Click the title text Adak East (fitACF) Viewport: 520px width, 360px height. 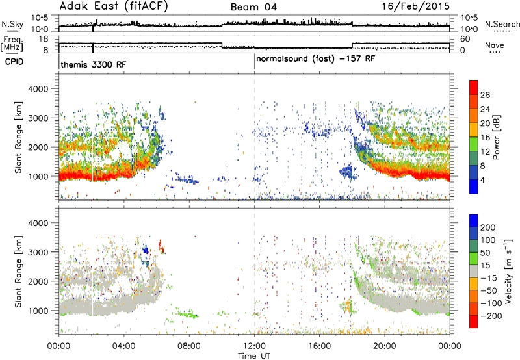coord(113,6)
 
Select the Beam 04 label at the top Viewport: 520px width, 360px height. coord(253,7)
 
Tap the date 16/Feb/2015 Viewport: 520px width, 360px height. coord(415,6)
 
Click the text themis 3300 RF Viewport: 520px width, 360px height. coord(93,64)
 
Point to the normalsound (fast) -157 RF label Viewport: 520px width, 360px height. coord(315,59)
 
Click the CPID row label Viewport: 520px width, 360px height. coord(14,62)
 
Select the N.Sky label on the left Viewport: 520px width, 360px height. coord(12,25)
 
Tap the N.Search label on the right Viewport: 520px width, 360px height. coord(502,24)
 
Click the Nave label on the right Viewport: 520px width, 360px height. coord(495,45)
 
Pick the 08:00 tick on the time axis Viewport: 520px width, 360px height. coord(189,346)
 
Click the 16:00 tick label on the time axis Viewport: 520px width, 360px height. coord(319,346)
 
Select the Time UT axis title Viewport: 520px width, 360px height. coord(254,356)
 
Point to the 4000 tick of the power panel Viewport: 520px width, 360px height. coord(38,89)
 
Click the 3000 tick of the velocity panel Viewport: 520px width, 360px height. coord(38,252)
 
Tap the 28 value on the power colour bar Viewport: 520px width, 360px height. coord(485,95)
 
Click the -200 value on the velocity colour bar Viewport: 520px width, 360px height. coord(491,316)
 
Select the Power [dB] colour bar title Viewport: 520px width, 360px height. coord(497,137)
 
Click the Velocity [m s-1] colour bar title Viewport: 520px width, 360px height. coord(508,271)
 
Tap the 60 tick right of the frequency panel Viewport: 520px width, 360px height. coord(465,39)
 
